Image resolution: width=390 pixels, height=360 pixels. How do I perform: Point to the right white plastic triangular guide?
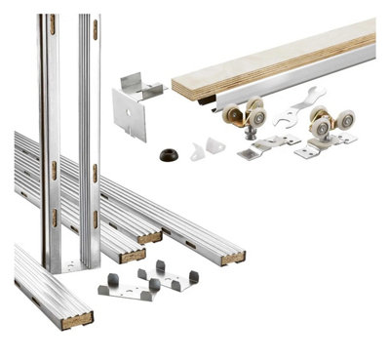(215, 145)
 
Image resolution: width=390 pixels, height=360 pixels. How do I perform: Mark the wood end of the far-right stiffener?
(232, 257)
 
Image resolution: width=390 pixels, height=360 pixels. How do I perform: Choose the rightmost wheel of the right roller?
(344, 120)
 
